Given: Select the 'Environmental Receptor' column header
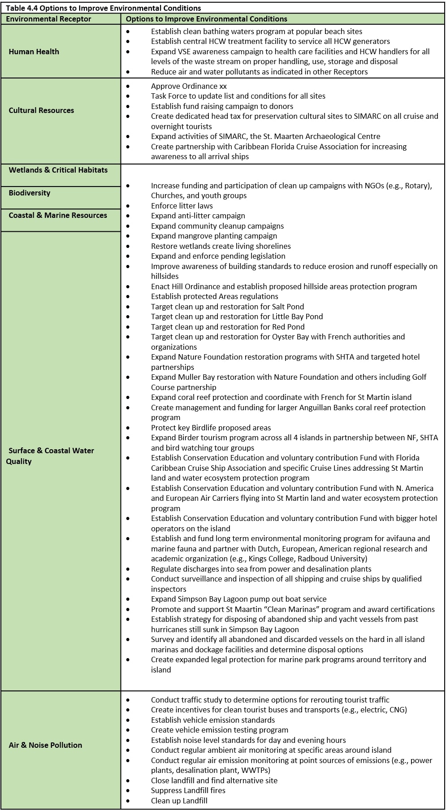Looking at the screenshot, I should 48,19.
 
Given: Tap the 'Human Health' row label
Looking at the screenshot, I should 34,52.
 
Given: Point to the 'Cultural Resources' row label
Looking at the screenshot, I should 41,110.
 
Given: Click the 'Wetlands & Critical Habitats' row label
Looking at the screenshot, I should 58,170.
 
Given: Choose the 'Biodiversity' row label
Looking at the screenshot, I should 30,193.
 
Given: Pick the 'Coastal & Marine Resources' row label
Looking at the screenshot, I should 58,215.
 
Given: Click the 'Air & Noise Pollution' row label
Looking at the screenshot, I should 45,745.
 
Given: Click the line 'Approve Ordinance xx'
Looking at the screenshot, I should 189,86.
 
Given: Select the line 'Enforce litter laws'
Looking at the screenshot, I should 182,206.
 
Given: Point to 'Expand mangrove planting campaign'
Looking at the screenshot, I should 214,236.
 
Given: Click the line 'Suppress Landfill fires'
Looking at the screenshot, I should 188,790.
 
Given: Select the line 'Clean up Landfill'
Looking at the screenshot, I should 179,801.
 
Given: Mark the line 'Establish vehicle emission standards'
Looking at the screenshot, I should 213,720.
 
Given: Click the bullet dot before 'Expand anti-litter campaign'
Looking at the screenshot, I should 128,216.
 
